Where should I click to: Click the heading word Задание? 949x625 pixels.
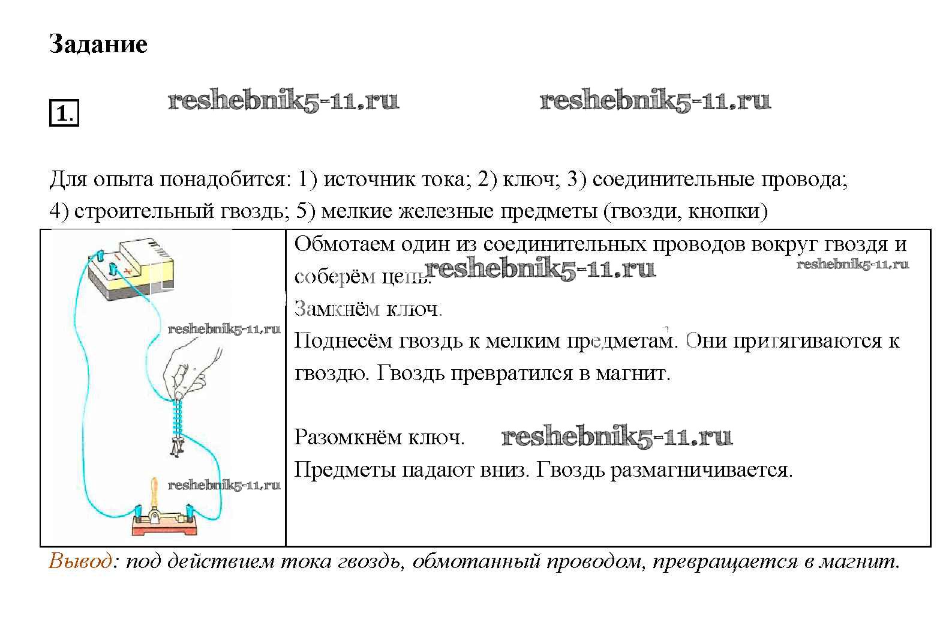tap(98, 44)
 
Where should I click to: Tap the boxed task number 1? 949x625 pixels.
tap(63, 113)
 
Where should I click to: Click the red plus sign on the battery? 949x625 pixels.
tap(127, 271)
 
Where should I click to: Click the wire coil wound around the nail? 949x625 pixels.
tap(178, 417)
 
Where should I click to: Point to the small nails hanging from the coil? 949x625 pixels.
tap(178, 447)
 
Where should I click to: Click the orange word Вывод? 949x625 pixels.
tap(80, 561)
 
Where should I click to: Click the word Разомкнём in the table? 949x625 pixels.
tap(348, 437)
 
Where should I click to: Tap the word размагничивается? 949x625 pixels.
tap(701, 470)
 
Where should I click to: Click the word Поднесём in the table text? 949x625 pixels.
tap(345, 341)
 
